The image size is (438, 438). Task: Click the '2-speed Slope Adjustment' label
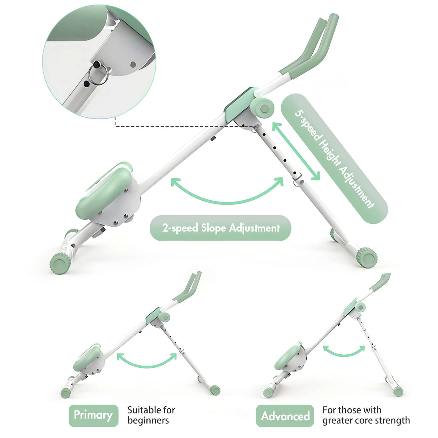[220, 228]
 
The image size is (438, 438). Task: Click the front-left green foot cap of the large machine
[60, 264]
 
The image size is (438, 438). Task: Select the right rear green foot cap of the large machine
[367, 258]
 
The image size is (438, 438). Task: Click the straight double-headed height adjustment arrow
[296, 151]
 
